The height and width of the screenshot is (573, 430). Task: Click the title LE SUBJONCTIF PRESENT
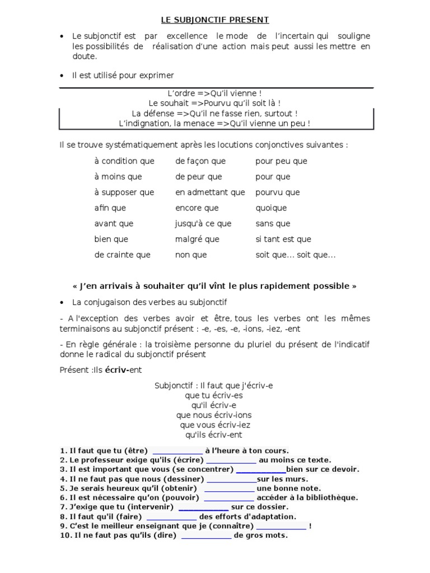[x=215, y=20]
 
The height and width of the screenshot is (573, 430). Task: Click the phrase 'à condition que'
[x=124, y=161]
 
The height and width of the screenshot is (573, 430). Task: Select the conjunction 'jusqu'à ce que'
[x=203, y=224]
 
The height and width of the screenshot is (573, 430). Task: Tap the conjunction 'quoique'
[x=271, y=208]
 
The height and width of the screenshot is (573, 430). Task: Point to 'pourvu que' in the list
[x=277, y=192]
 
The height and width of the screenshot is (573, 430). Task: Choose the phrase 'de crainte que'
[x=122, y=255]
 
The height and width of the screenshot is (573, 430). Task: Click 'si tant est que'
[x=283, y=239]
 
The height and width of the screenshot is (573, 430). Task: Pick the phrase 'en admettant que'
[x=210, y=192]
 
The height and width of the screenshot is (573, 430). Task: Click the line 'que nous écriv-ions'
[x=214, y=415]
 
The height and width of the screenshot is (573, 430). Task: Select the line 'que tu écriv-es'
[x=214, y=395]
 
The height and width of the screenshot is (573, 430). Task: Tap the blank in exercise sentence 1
[x=177, y=451]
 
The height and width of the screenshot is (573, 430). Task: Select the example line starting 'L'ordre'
[x=215, y=93]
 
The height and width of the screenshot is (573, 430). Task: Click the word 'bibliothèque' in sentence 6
[x=330, y=498]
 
